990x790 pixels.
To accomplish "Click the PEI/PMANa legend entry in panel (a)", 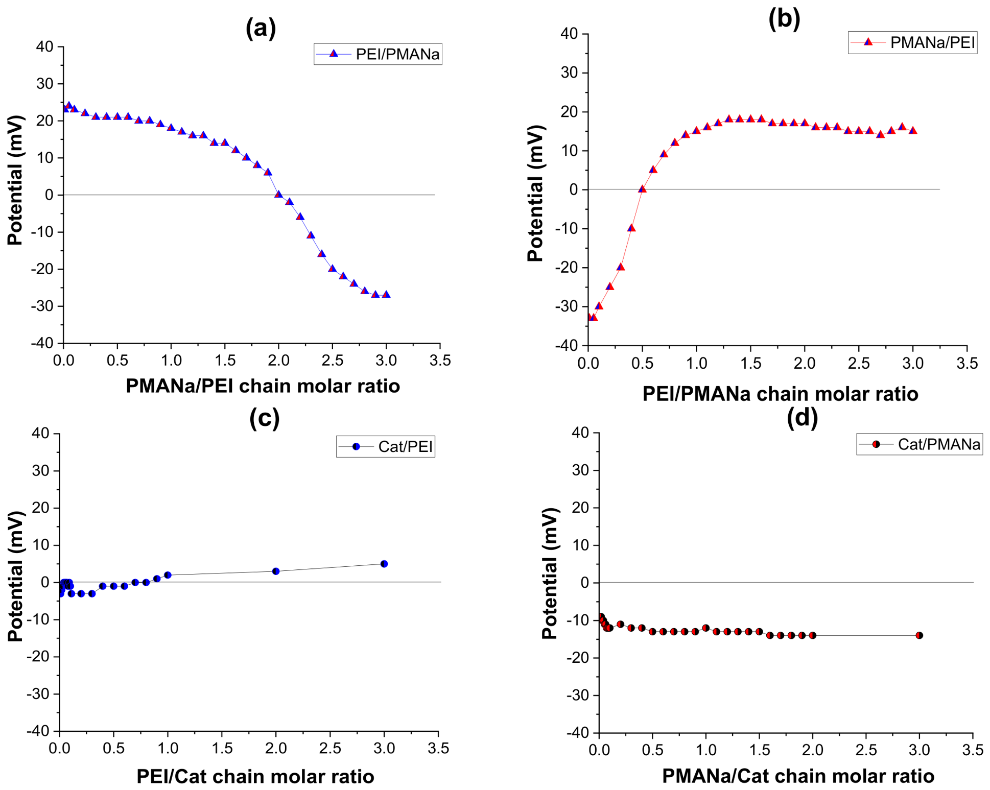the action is pyautogui.click(x=378, y=54).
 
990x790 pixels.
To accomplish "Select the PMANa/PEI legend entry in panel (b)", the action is pyautogui.click(x=912, y=42).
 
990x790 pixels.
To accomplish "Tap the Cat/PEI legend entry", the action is pyautogui.click(x=386, y=447).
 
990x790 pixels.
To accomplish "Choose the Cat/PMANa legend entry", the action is pyautogui.click(x=920, y=444).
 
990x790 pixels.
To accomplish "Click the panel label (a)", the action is pyautogui.click(x=261, y=28).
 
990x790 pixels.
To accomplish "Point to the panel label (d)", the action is pyautogui.click(x=802, y=417).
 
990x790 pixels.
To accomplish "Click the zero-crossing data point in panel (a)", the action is pyautogui.click(x=278, y=194).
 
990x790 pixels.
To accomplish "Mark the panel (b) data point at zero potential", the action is pyautogui.click(x=642, y=188).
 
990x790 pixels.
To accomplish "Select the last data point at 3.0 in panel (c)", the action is pyautogui.click(x=384, y=564).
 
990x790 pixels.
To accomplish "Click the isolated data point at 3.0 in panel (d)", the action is pyautogui.click(x=920, y=635).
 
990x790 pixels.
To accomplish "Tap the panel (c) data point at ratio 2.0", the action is pyautogui.click(x=276, y=571).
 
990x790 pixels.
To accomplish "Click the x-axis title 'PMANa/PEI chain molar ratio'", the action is pyautogui.click(x=263, y=386).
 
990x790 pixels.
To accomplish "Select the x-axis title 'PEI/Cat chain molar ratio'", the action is pyautogui.click(x=255, y=776).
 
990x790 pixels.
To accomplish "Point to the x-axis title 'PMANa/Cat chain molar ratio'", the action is pyautogui.click(x=798, y=776).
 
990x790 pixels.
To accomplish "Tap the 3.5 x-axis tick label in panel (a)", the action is pyautogui.click(x=440, y=361).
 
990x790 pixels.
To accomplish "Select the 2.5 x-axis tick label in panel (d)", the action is pyautogui.click(x=866, y=750).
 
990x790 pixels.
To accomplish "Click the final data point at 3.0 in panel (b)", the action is pyautogui.click(x=913, y=130).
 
